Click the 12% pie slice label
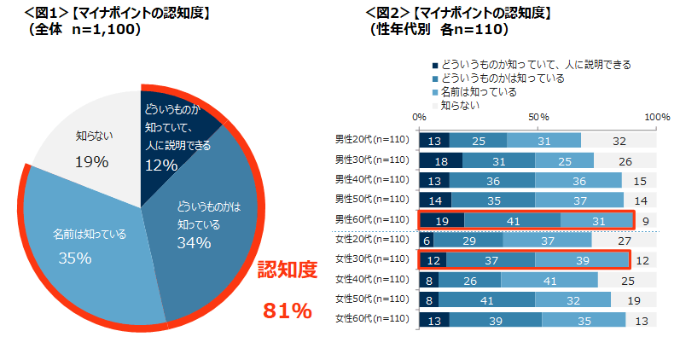coord(160,165)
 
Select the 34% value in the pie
coord(194,243)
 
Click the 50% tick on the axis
coord(538,116)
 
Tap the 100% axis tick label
coord(657,116)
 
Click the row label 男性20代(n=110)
coord(372,140)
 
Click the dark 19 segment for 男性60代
coord(442,219)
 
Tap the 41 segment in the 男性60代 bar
coord(513,219)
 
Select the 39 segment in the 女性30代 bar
coord(582,259)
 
